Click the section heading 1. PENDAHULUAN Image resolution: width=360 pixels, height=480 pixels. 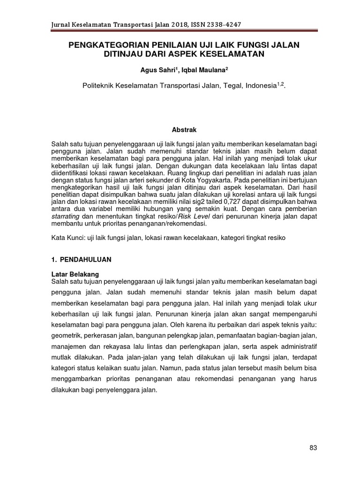(x=81, y=259)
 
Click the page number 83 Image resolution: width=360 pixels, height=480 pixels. (x=314, y=448)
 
